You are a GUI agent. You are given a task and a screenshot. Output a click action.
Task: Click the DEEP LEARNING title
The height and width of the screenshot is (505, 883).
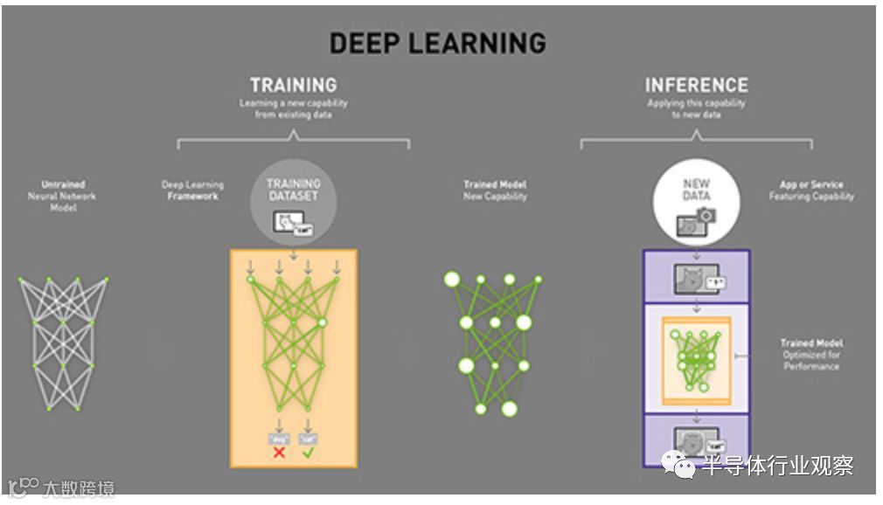[438, 43]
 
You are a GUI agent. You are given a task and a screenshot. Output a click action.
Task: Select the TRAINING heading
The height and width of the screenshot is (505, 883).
[293, 85]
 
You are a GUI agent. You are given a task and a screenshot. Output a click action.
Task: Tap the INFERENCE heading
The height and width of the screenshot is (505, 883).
[696, 85]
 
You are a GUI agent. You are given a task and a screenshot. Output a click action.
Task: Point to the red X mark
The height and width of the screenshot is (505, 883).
[279, 453]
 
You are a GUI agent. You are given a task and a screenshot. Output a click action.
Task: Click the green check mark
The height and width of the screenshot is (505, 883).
[308, 453]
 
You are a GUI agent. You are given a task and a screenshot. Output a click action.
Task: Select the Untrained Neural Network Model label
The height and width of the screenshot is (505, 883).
[63, 196]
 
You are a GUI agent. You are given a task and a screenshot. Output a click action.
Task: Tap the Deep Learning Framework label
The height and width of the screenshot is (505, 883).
[192, 190]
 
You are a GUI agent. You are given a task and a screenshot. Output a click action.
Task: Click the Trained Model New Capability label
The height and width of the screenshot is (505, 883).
[495, 190]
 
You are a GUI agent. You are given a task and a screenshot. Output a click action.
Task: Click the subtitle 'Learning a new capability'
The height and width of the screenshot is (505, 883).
[293, 103]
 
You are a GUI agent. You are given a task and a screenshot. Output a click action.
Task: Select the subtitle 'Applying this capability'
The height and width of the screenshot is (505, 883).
[696, 103]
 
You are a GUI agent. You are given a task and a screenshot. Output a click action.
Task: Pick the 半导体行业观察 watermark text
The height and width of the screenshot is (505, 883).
[778, 466]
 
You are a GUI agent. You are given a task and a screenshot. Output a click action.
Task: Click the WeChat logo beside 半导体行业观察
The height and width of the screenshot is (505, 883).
[678, 466]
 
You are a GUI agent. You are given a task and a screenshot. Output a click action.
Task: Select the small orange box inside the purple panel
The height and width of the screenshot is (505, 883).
[697, 359]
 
